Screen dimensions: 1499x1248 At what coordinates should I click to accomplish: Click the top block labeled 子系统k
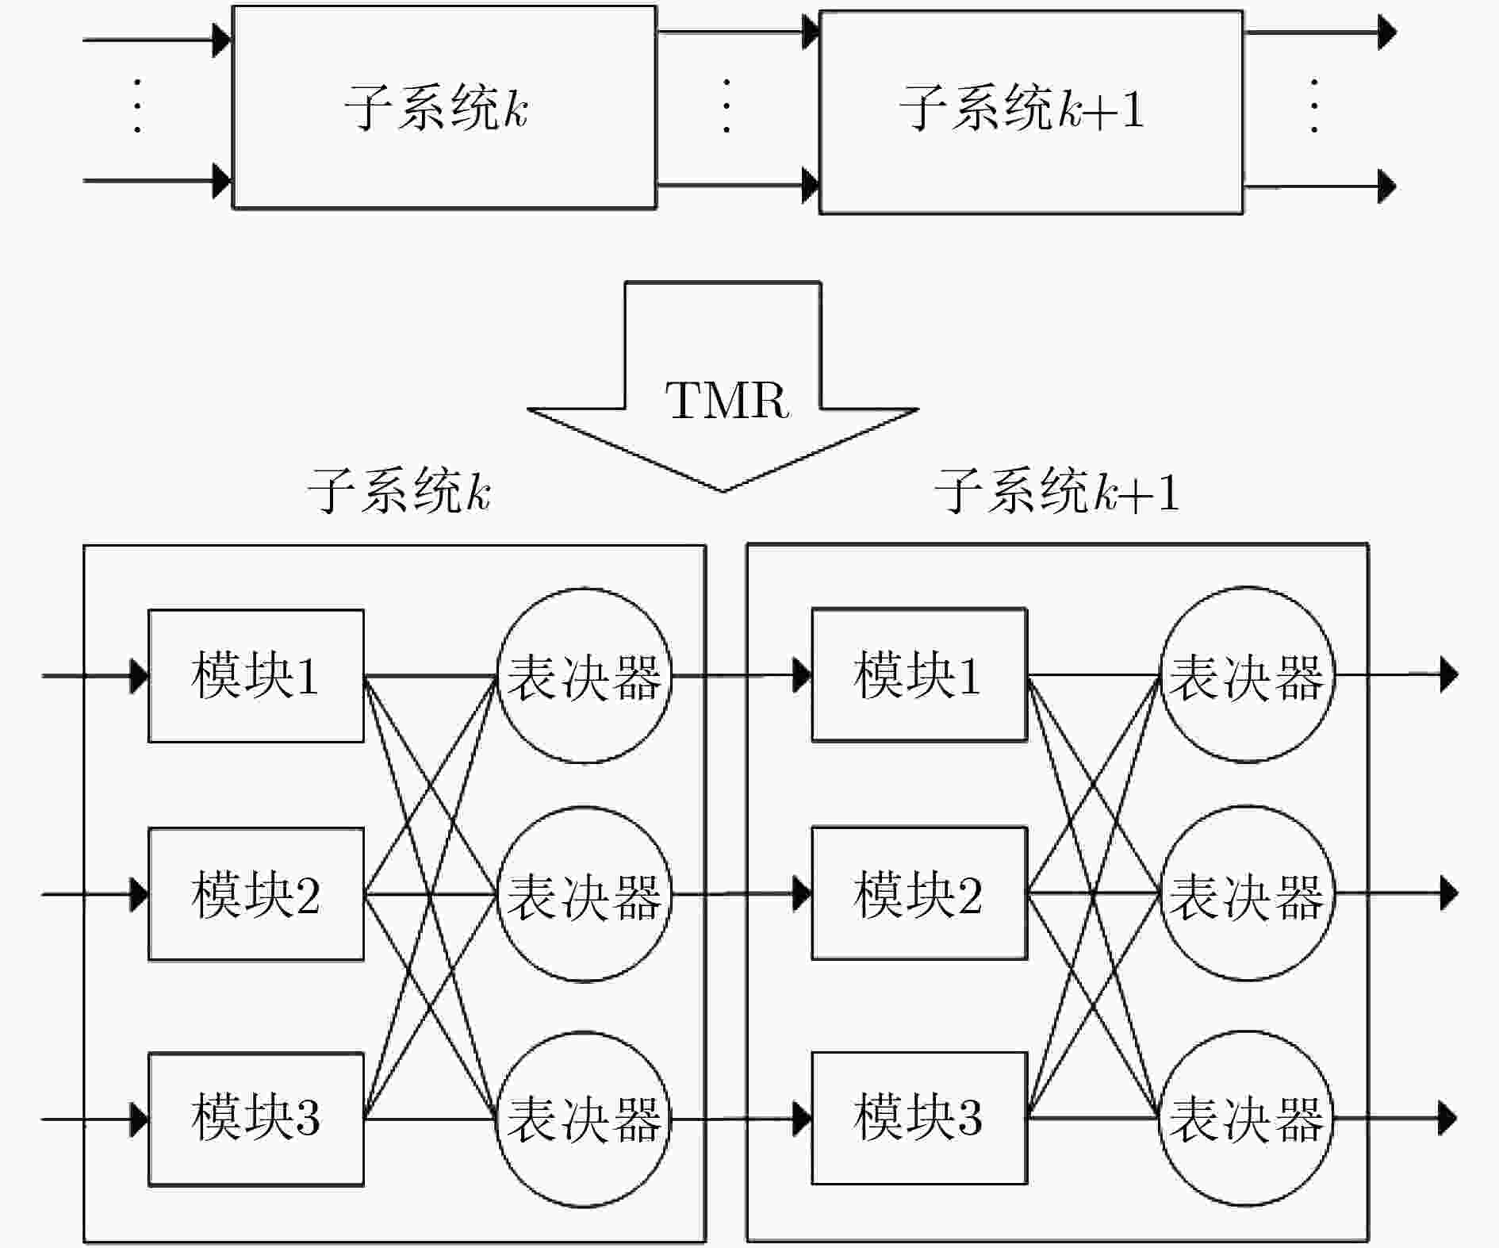point(444,108)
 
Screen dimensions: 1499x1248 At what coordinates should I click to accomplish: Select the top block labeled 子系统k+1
point(1031,112)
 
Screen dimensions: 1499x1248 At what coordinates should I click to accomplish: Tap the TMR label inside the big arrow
point(727,400)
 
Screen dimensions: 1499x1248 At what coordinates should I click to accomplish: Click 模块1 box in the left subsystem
point(256,676)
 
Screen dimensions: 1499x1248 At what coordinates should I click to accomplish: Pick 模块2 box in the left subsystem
point(256,894)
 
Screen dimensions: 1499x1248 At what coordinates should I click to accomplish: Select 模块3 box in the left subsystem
point(256,1119)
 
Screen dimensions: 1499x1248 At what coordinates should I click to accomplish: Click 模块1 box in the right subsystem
point(919,674)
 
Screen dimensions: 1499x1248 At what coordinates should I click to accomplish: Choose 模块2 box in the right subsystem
point(919,893)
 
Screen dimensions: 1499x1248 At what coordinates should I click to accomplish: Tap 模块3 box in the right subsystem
point(919,1118)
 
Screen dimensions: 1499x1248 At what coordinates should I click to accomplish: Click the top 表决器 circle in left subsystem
point(585,676)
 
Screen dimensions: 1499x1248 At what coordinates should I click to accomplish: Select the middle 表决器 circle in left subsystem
point(585,894)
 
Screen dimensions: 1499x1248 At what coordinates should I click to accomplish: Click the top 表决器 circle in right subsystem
point(1248,674)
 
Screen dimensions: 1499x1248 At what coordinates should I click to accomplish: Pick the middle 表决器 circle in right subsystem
point(1248,893)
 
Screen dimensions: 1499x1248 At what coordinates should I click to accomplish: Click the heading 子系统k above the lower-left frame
point(399,490)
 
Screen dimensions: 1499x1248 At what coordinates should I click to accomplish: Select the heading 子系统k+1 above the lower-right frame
point(1057,490)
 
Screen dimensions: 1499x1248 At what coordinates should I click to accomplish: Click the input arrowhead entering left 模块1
point(140,676)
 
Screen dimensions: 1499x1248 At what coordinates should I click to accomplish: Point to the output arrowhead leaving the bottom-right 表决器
point(1448,1118)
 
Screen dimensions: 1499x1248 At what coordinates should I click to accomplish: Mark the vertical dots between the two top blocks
point(726,106)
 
